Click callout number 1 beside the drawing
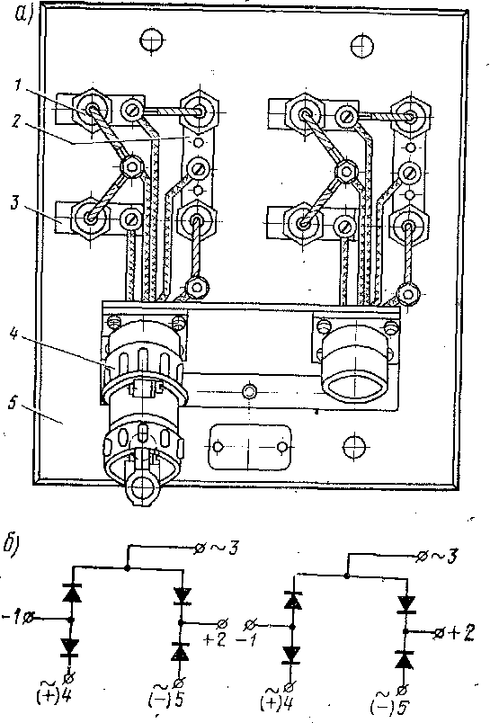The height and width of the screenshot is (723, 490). coord(19,85)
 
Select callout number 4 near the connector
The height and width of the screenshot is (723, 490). coord(14,333)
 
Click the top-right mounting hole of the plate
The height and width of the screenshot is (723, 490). coord(361,46)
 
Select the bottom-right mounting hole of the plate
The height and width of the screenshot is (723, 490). coord(354,446)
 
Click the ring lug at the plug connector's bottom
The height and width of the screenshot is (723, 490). coord(139,486)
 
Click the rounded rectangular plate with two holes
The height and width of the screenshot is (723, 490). coord(250,447)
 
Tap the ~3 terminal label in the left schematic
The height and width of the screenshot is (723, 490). coord(225,549)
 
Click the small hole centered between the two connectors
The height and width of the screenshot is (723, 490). coord(249,392)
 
